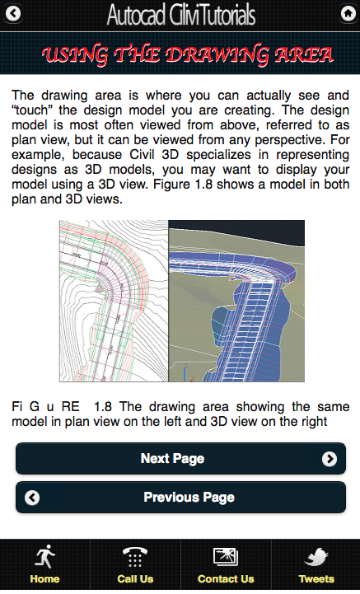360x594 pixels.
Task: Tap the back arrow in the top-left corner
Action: pos(14,14)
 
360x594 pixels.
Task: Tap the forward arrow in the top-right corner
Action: pos(347,14)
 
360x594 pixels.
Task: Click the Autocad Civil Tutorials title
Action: pos(181,15)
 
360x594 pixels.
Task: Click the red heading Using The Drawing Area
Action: pos(188,55)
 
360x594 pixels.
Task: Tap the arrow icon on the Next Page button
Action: pos(330,459)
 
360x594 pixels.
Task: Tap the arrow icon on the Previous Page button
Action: pos(32,498)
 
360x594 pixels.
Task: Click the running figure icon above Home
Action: pos(44,556)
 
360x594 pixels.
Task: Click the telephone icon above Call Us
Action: pos(135,556)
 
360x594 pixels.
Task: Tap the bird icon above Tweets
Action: pos(316,556)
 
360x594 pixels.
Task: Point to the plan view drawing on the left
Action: pos(114,301)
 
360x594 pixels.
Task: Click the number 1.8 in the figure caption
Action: pos(104,407)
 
